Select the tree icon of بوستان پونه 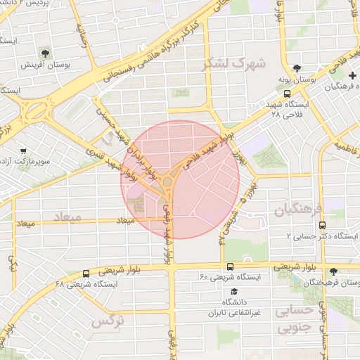point(298,69)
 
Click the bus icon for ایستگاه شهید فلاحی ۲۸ point(287,92)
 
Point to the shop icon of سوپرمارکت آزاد point(23,150)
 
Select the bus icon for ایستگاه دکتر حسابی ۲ point(321,226)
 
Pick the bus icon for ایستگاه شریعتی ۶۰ point(231,266)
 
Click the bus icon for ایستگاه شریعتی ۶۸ point(86,274)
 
